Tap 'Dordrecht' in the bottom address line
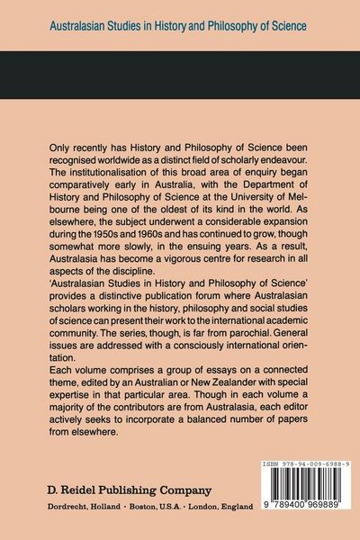point(73,509)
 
